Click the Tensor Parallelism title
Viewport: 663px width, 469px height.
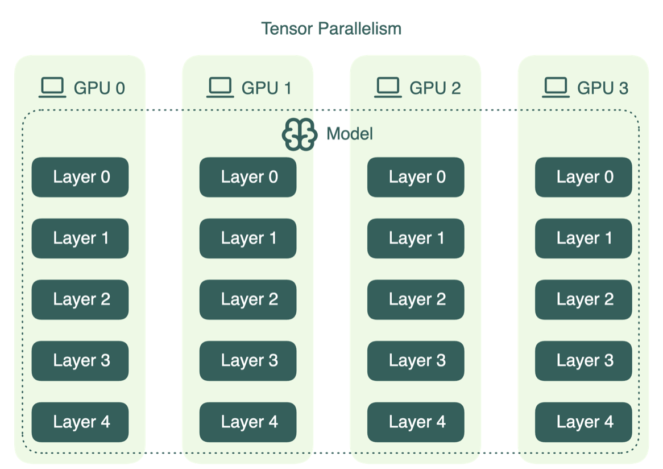(331, 28)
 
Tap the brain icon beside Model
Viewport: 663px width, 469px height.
(299, 134)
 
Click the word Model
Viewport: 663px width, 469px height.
(350, 134)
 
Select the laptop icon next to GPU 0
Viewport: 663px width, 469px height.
(52, 88)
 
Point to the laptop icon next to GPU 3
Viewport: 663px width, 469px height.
(556, 88)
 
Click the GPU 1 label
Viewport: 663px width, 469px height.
(267, 88)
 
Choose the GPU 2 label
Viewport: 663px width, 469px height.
(435, 88)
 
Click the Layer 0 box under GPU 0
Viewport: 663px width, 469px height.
(80, 177)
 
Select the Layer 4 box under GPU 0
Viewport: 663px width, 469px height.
(80, 422)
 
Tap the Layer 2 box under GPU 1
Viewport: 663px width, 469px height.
(248, 299)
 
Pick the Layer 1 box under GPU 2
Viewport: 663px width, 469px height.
(416, 238)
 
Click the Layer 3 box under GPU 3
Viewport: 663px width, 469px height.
(583, 360)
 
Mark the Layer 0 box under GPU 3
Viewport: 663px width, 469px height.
(583, 177)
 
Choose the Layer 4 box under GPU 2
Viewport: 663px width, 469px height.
(416, 422)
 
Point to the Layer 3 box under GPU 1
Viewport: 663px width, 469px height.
(248, 360)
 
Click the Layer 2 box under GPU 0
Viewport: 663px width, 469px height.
(80, 299)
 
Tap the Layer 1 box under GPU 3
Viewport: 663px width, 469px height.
(583, 238)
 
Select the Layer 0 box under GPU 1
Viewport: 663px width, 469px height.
(248, 177)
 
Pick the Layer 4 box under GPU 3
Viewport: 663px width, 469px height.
(583, 422)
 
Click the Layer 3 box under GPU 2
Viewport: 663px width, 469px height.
(416, 360)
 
